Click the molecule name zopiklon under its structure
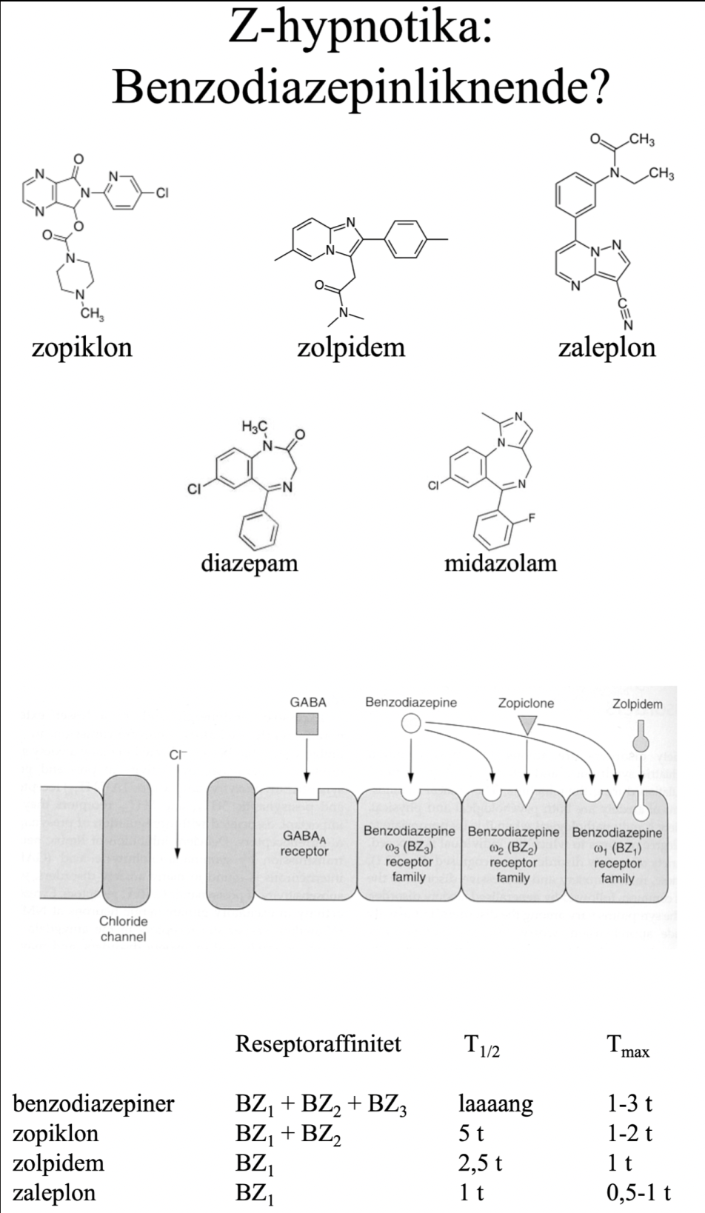tap(81, 347)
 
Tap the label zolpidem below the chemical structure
tap(351, 347)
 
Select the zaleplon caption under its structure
tap(607, 347)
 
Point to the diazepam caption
tap(249, 563)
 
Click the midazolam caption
tap(500, 563)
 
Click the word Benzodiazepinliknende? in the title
tap(361, 88)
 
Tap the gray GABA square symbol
tap(307, 724)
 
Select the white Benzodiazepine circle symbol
tap(411, 724)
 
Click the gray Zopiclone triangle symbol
tap(526, 725)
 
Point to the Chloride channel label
tap(123, 929)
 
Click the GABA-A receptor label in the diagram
tap(304, 843)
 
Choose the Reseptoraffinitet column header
tap(318, 1044)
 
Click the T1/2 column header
tap(481, 1046)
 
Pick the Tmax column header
tap(627, 1046)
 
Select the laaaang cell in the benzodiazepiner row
tap(495, 1104)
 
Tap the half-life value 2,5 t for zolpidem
tap(480, 1163)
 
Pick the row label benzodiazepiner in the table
tap(93, 1103)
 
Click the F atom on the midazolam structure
tap(532, 518)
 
